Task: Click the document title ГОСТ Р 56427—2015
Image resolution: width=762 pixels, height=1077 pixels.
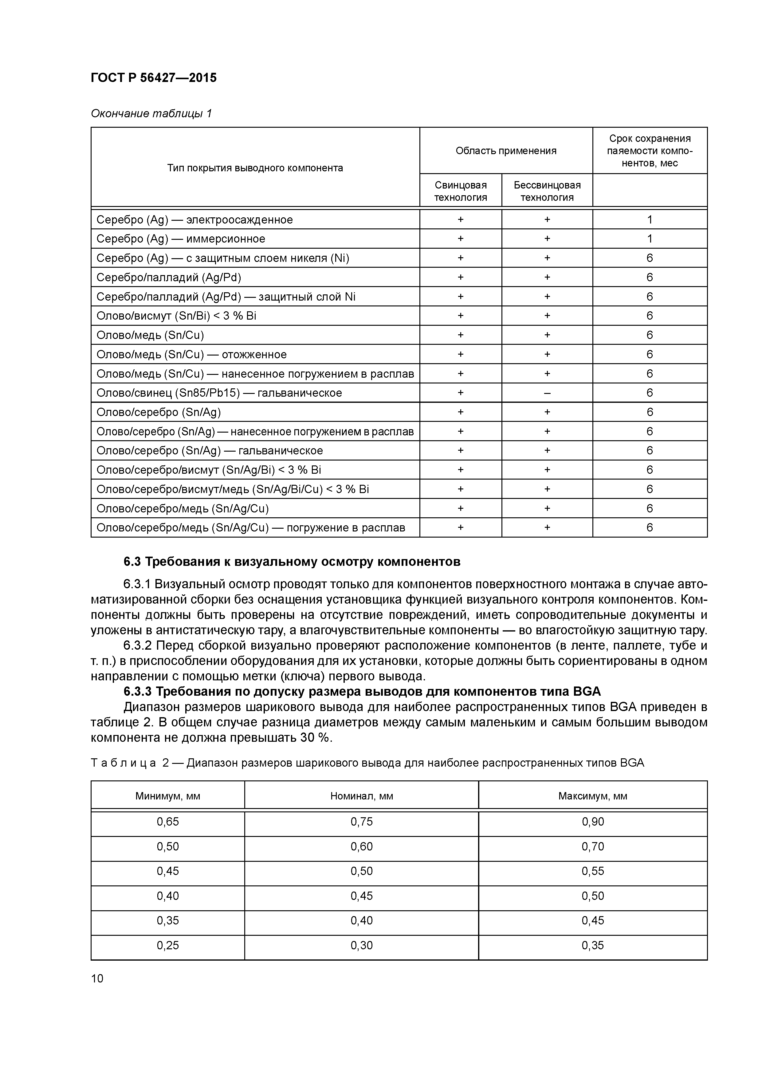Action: coord(154,78)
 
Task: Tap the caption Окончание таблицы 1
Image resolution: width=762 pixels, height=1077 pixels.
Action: coord(151,114)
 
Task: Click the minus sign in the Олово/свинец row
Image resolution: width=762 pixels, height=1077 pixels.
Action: coord(547,393)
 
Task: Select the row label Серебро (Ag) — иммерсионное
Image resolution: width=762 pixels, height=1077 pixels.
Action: coord(181,239)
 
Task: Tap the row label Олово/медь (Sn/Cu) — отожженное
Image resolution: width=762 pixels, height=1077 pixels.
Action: coord(191,355)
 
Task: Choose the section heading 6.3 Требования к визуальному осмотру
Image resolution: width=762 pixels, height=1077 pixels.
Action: coord(292,562)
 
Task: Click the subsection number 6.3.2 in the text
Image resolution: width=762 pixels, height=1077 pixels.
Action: coord(138,645)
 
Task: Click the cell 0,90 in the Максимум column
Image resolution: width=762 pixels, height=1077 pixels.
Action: coord(592,822)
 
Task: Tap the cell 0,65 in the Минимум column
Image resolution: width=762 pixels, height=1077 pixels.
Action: coord(168,822)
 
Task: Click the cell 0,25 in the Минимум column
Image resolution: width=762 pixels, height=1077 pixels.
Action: coord(168,945)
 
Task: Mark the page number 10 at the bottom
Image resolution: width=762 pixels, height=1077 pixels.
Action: coord(97,978)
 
